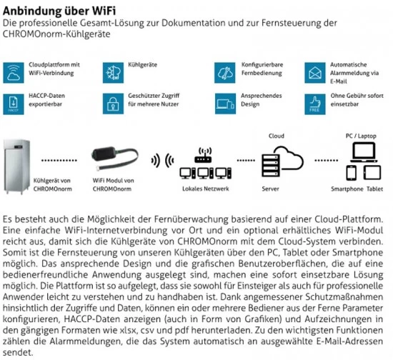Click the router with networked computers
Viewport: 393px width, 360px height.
point(203,163)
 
